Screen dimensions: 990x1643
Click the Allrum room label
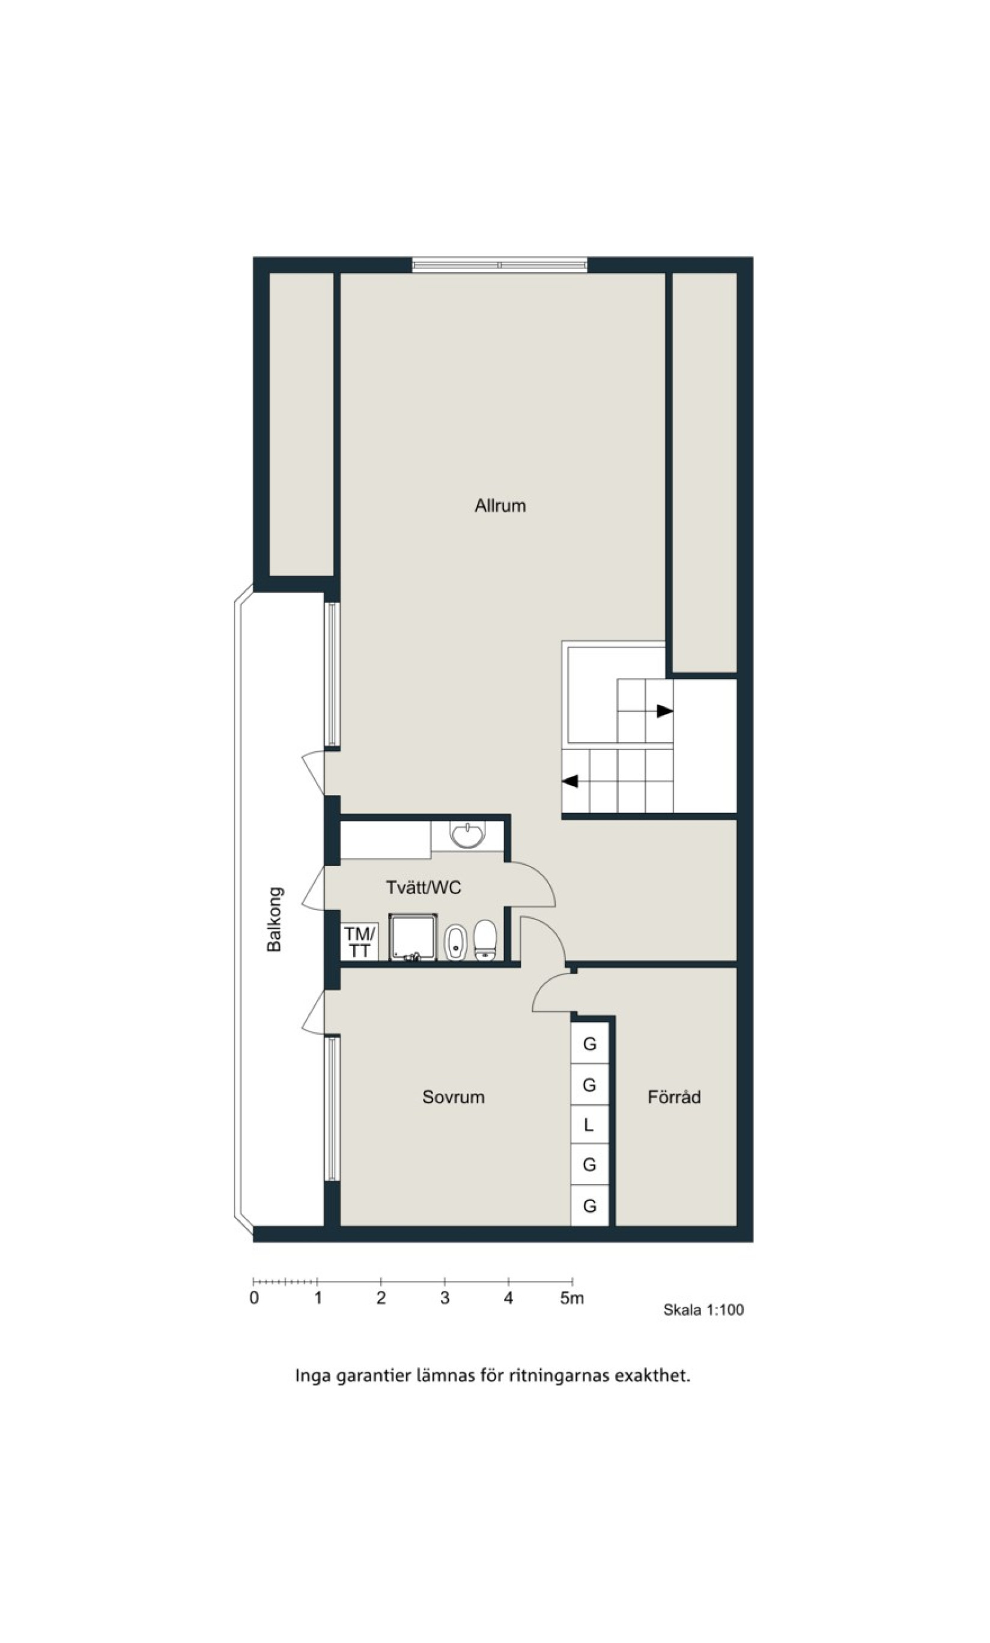(500, 506)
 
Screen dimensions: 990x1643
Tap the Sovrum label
(453, 1097)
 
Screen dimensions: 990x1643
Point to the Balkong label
(274, 919)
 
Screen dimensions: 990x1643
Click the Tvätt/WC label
(424, 888)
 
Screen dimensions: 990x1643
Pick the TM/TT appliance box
(360, 942)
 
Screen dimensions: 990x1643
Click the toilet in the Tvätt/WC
(485, 940)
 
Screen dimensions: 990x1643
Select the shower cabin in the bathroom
(413, 937)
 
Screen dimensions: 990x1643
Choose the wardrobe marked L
(589, 1125)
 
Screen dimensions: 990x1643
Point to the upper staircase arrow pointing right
(664, 711)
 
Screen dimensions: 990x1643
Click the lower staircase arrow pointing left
(569, 781)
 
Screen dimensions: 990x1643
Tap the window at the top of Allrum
(500, 265)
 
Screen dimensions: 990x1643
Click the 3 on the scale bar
(445, 1298)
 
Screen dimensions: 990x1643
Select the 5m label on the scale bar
(572, 1298)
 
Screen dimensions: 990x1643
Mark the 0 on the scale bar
(254, 1298)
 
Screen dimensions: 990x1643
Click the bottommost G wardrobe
(589, 1206)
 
